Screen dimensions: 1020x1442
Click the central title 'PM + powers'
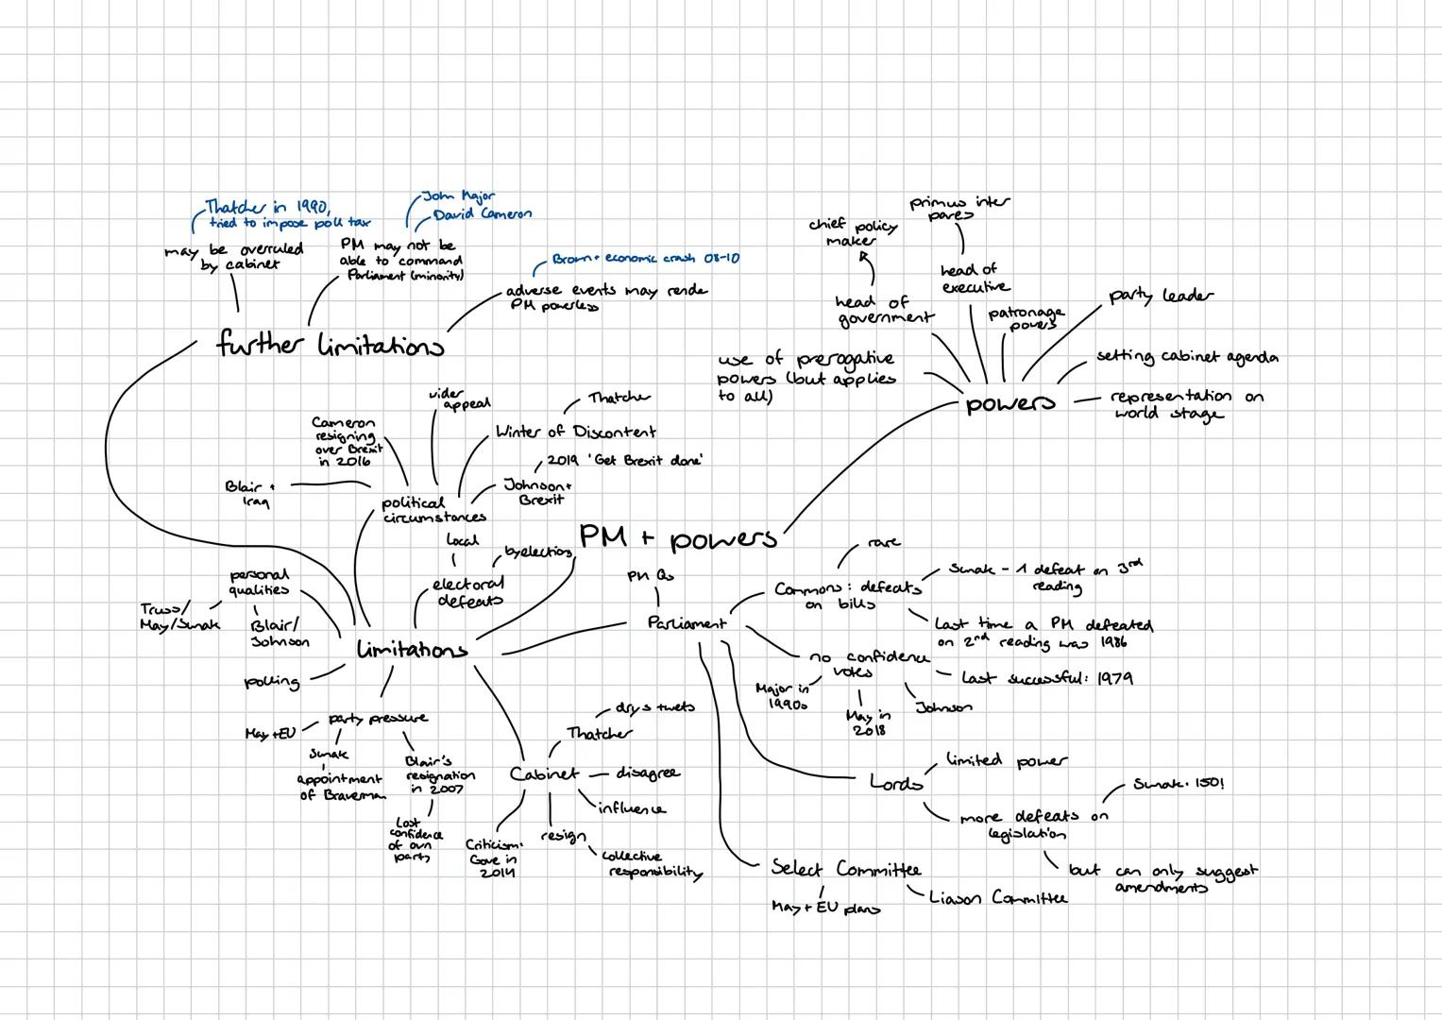677,537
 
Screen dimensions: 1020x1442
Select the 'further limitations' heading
330,345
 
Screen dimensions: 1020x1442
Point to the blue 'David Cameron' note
482,214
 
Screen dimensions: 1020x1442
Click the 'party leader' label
1160,296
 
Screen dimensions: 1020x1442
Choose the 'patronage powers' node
1026,317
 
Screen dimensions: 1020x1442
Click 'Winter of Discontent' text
575,432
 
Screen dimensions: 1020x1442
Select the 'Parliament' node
687,623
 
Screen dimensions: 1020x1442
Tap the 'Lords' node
895,782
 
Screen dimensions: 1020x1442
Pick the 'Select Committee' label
845,868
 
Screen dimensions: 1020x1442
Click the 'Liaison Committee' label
997,897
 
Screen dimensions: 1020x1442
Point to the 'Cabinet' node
544,773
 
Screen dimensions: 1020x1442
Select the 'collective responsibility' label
652,864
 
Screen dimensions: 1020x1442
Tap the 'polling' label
272,681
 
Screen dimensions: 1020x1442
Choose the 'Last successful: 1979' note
1046,678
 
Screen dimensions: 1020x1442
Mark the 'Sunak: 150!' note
1178,784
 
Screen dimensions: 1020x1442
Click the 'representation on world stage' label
1184,404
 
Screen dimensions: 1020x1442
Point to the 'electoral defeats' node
468,592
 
